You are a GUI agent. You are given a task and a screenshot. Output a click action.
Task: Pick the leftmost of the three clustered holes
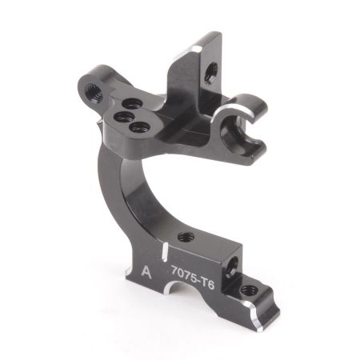(122, 116)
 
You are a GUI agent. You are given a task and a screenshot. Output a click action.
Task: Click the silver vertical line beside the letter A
(163, 265)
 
